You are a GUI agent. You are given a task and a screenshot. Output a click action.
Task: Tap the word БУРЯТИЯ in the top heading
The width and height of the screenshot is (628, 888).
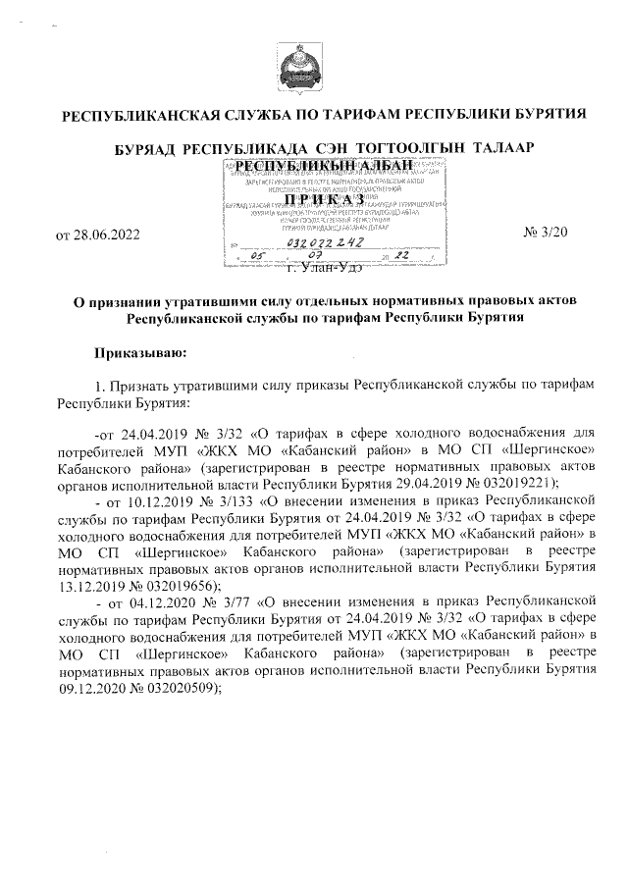547,114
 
